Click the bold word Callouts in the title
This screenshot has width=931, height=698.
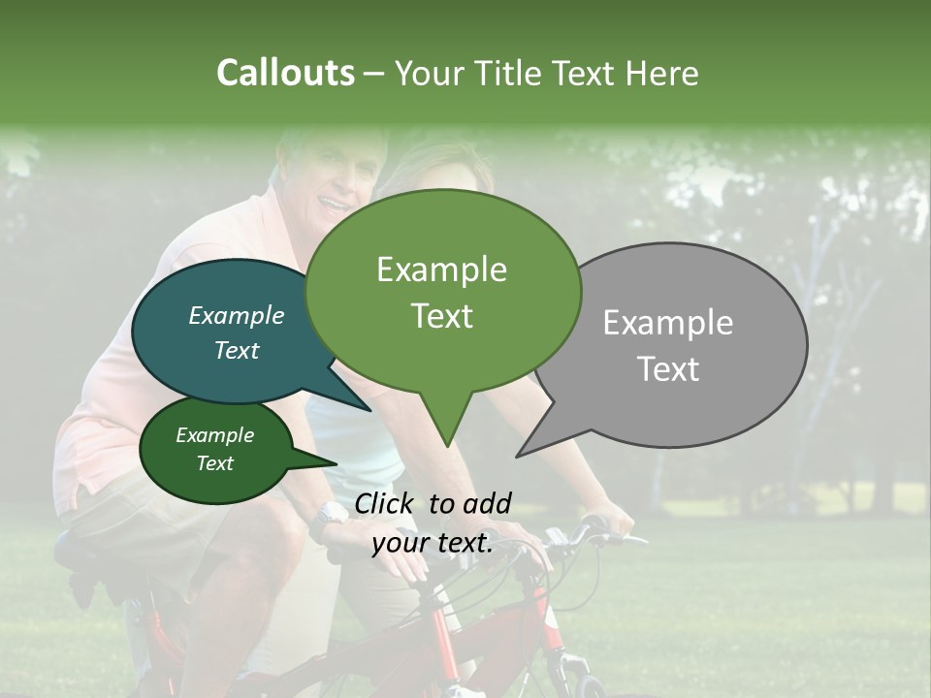click(x=285, y=73)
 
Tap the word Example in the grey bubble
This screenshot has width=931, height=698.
click(x=668, y=323)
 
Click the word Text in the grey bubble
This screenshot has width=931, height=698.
click(x=668, y=369)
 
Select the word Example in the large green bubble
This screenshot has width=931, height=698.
click(x=441, y=270)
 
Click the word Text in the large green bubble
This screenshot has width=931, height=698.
click(x=441, y=316)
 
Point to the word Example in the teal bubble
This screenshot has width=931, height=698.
click(x=237, y=315)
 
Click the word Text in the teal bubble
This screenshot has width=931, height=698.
click(x=237, y=350)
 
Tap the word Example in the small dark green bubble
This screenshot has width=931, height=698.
click(x=214, y=435)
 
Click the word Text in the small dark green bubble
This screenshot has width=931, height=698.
click(x=214, y=463)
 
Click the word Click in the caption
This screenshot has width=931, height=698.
click(x=387, y=503)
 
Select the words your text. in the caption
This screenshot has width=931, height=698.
click(x=433, y=544)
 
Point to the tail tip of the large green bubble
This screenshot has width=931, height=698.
click(x=446, y=445)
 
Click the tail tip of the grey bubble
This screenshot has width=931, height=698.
click(x=518, y=455)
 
